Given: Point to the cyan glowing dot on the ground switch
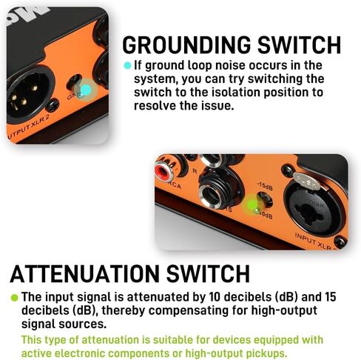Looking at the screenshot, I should (x=85, y=90).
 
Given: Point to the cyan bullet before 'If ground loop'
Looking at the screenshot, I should (x=127, y=65).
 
